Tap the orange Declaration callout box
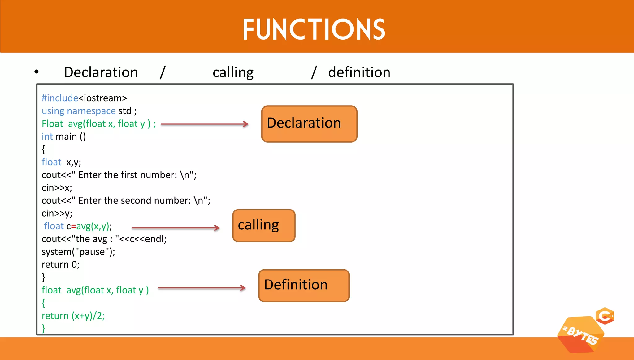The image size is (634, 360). click(x=309, y=124)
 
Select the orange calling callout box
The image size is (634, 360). click(x=264, y=225)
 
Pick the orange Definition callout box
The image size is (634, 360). click(x=304, y=285)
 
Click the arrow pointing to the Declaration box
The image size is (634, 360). click(x=205, y=124)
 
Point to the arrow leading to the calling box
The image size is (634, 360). click(x=176, y=228)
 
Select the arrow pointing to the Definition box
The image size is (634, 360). click(x=202, y=288)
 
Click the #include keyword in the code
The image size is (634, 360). click(x=60, y=98)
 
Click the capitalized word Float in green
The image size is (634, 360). click(x=52, y=124)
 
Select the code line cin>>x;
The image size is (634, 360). click(x=57, y=188)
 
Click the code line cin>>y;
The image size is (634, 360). click(x=57, y=214)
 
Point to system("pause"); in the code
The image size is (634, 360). click(x=78, y=252)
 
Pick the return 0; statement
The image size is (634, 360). click(x=60, y=265)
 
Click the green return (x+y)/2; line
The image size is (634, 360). click(x=73, y=316)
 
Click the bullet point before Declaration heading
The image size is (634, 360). click(x=37, y=72)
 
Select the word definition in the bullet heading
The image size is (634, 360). click(x=359, y=72)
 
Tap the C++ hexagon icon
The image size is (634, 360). click(x=605, y=316)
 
